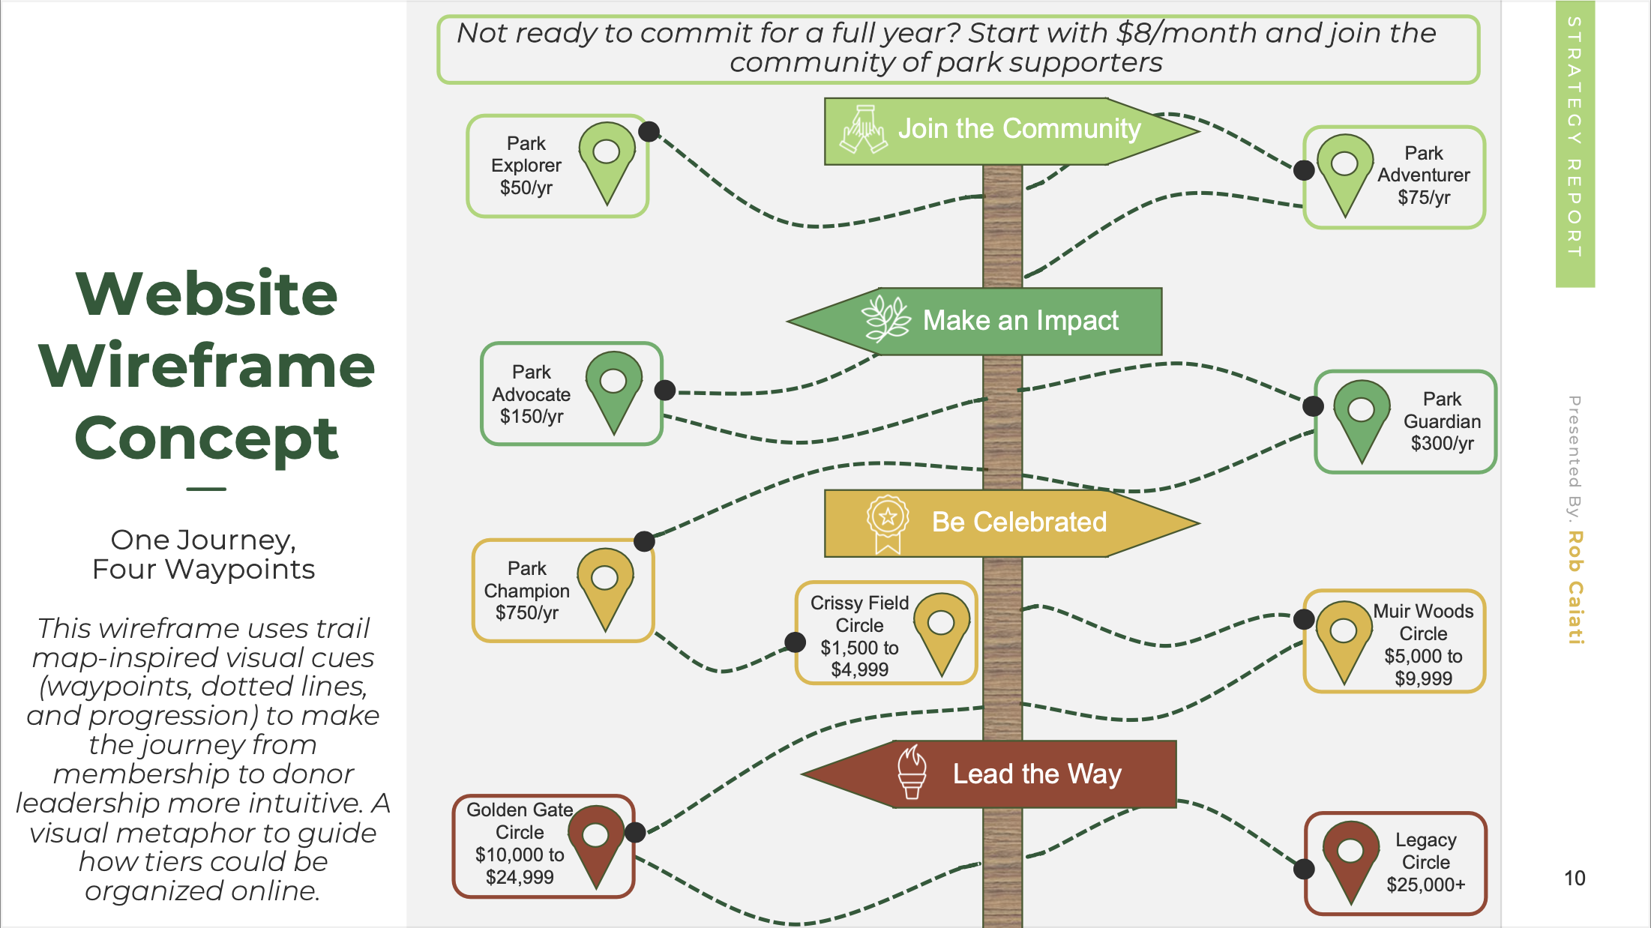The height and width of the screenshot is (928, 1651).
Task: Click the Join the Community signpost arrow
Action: point(1012,130)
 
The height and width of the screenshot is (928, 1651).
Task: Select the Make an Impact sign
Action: point(997,321)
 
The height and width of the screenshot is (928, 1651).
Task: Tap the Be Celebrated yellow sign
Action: point(1012,522)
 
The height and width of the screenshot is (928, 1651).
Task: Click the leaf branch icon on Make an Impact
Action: point(886,319)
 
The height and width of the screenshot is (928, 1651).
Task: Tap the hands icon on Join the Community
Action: point(864,129)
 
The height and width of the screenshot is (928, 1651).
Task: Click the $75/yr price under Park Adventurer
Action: point(1423,198)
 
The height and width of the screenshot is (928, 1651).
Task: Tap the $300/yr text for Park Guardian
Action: point(1441,444)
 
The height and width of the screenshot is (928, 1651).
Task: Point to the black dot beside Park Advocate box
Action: point(665,390)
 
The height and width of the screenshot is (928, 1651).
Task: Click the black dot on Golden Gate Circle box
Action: point(635,832)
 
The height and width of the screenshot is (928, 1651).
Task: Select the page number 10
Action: point(1574,879)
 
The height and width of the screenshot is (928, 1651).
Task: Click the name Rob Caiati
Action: point(1575,587)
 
